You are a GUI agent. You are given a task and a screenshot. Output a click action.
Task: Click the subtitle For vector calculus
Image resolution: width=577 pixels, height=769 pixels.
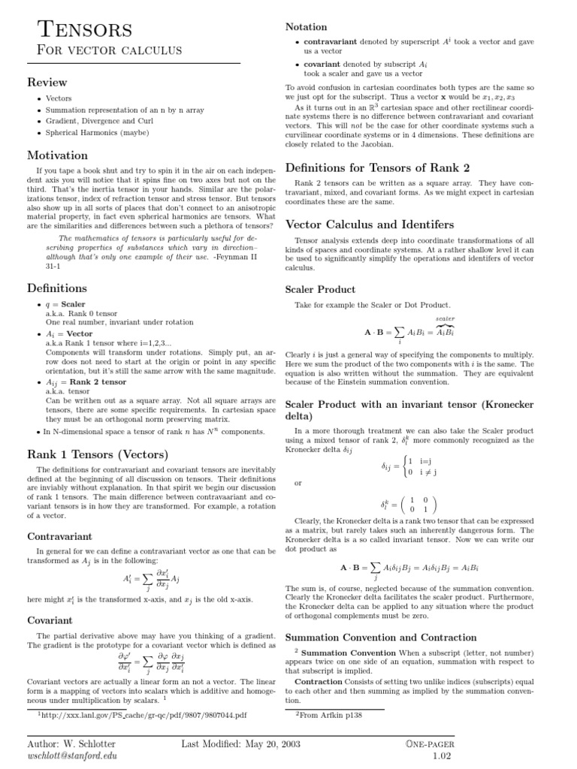[99, 50]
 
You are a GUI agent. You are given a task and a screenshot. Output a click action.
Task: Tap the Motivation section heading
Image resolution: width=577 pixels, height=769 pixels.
[57, 155]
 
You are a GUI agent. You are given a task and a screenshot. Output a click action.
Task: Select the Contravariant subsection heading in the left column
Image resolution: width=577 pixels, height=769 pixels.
[60, 537]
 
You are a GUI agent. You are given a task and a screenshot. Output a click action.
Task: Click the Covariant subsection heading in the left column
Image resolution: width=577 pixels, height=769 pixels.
[50, 620]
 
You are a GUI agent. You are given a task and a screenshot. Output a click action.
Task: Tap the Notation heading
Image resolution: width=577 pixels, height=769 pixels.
[306, 27]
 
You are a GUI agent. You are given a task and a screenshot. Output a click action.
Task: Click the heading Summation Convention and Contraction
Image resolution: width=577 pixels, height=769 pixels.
[381, 638]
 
